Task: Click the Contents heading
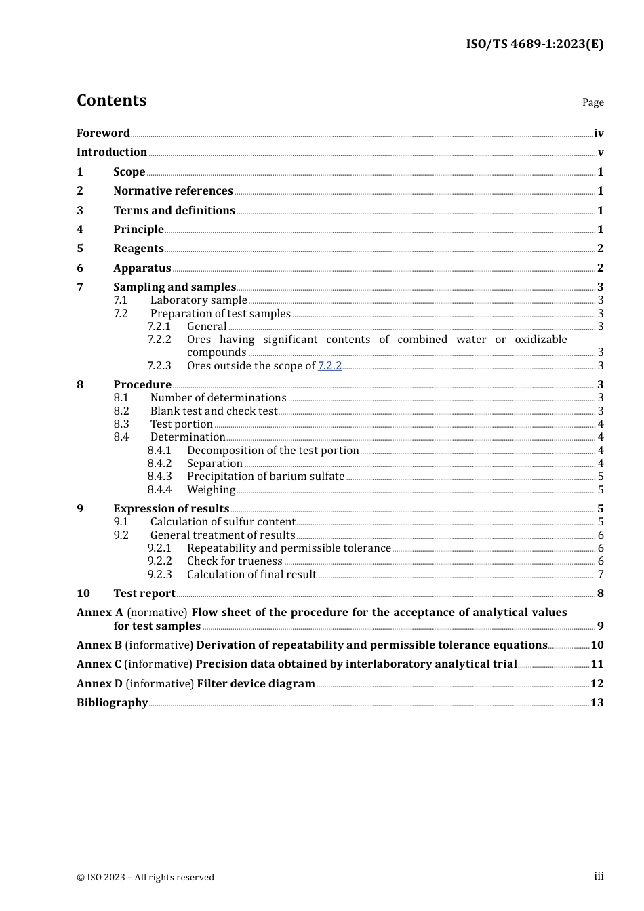(112, 100)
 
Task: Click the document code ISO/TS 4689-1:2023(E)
(534, 44)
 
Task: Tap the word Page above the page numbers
(592, 102)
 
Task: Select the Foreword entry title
(103, 134)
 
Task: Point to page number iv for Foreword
(599, 134)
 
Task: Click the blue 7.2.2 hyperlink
(329, 366)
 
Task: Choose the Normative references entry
(173, 191)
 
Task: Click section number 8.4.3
(159, 477)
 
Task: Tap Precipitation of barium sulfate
(266, 477)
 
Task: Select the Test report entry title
(144, 594)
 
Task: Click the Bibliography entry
(112, 703)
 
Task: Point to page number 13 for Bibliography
(597, 703)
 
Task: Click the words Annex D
(99, 684)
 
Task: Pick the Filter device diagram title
(256, 684)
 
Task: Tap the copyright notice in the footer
(145, 878)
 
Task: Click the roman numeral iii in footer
(599, 876)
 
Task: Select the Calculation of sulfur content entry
(222, 522)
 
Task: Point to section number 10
(83, 594)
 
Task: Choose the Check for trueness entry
(235, 561)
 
